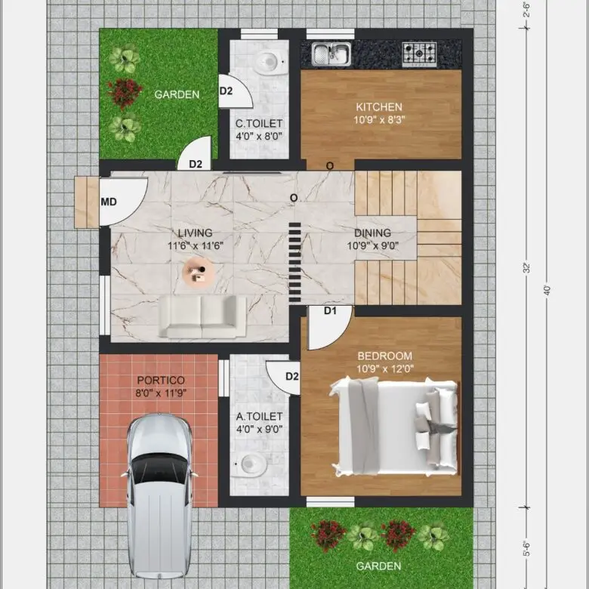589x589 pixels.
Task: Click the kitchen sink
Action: coord(332,54)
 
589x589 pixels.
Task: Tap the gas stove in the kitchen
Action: coord(420,54)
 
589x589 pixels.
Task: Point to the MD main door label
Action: coord(109,202)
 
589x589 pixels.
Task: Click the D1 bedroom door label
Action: coord(330,311)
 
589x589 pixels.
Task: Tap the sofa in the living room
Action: coord(202,316)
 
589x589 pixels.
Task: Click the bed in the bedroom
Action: coord(394,427)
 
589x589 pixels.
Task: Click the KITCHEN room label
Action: coord(379,107)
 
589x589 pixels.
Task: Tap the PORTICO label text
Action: coord(161,381)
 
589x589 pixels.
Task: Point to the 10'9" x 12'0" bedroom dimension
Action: coord(385,369)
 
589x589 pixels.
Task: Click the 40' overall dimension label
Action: coord(547,291)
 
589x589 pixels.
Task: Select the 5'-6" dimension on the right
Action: coord(527,548)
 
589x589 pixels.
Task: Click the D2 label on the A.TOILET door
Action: coord(292,376)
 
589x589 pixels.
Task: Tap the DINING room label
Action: coord(372,233)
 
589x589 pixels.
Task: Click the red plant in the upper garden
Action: coord(125,93)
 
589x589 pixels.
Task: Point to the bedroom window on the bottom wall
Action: coord(330,502)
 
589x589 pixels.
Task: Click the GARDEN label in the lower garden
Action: coord(378,566)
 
